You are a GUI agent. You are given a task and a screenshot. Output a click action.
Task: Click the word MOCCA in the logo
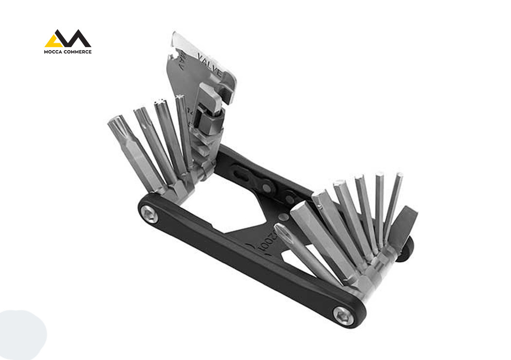click(x=54, y=52)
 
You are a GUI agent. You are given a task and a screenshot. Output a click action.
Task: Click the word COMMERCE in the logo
click(x=77, y=52)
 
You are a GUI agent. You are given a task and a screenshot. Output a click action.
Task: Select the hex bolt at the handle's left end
click(x=149, y=214)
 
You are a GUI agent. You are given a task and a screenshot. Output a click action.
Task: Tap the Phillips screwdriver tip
click(x=280, y=229)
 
